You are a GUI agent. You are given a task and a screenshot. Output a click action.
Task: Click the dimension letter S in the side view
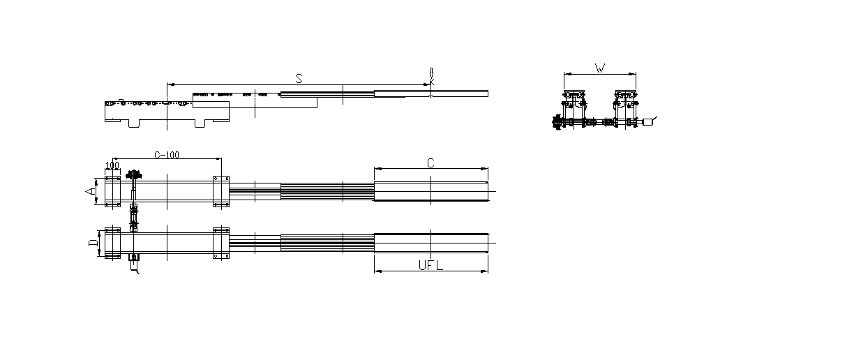(x=299, y=79)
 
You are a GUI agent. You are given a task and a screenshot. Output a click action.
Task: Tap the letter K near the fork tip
(x=432, y=82)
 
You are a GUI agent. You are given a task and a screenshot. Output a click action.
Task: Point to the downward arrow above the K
(x=431, y=73)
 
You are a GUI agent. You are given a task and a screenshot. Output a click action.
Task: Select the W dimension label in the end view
(x=600, y=68)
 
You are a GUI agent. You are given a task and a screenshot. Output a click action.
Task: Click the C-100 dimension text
(x=167, y=155)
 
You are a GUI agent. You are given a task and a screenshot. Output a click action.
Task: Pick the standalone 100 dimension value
(x=112, y=165)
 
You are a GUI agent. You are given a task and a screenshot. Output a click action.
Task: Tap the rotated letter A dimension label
(x=91, y=190)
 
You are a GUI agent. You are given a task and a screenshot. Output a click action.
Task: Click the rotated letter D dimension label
(x=93, y=243)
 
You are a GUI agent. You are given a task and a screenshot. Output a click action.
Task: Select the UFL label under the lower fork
(x=430, y=265)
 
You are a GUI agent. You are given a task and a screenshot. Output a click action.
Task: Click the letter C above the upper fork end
(x=430, y=163)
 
